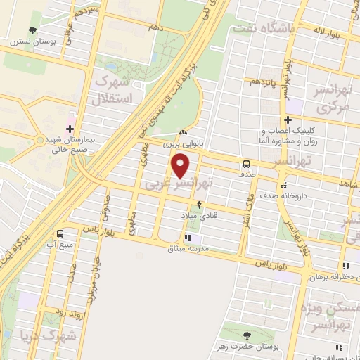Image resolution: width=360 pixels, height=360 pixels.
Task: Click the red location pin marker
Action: [x=181, y=165]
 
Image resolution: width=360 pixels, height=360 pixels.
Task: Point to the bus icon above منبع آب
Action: [x=60, y=233]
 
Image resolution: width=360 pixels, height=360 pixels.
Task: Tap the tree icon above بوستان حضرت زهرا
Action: [x=246, y=335]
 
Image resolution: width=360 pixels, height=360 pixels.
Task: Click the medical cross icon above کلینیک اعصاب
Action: [x=287, y=120]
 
